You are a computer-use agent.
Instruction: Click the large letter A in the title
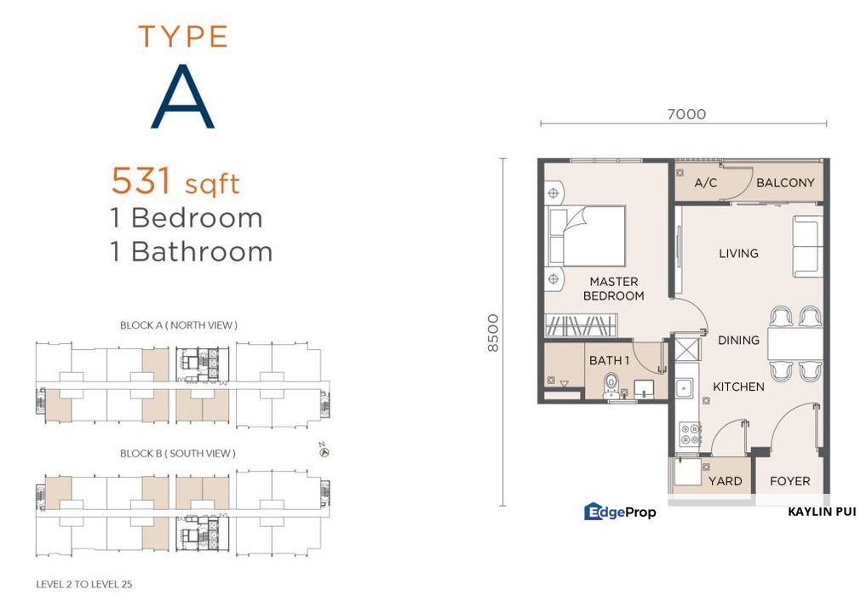[x=183, y=98]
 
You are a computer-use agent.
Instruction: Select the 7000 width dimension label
[x=686, y=114]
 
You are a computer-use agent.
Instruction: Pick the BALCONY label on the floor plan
[x=784, y=182]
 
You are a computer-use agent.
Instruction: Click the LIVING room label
[x=737, y=253]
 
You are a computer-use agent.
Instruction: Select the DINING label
[x=737, y=340]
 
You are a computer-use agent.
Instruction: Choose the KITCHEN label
[x=737, y=387]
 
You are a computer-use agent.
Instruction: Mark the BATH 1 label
[x=609, y=360]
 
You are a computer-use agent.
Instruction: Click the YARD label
[x=725, y=481]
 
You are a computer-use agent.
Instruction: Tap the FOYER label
[x=789, y=481]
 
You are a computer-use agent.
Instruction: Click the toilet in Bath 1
[x=611, y=385]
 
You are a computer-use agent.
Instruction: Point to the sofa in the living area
[x=806, y=246]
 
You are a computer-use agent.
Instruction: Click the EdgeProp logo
[x=620, y=512]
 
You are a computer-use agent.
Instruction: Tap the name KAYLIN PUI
[x=821, y=512]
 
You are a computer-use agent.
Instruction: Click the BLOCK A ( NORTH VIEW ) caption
[x=178, y=324]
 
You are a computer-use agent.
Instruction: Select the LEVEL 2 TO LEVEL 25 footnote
[x=83, y=585]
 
